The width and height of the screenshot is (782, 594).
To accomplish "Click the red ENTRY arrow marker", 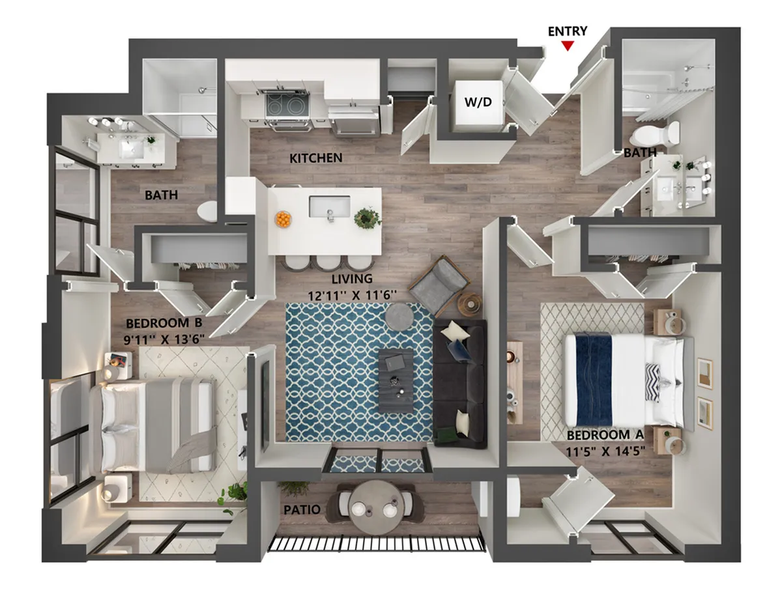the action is [x=567, y=46].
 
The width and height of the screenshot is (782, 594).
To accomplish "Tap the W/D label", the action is [x=478, y=102].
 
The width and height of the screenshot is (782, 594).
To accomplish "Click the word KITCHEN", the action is [x=315, y=158].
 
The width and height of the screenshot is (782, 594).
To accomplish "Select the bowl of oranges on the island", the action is [x=283, y=219].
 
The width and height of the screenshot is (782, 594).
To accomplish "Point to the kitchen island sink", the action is [x=330, y=206].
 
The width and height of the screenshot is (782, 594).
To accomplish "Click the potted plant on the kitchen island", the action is [x=368, y=218].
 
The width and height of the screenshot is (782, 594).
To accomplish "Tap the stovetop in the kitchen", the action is [x=287, y=106].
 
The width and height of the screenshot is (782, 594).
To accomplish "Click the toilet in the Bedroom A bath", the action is [x=655, y=134].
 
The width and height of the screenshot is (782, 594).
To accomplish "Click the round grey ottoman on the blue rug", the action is [x=399, y=317].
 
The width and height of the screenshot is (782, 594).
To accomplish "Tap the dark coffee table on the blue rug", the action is [x=396, y=380].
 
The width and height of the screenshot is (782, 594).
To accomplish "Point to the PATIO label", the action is [x=302, y=509].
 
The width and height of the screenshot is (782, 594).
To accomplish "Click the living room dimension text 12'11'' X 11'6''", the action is [x=352, y=296].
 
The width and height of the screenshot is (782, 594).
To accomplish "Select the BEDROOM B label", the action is [x=164, y=323].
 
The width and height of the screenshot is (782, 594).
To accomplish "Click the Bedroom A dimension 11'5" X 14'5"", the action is [x=605, y=451].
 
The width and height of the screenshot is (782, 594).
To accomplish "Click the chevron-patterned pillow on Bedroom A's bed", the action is [x=654, y=382].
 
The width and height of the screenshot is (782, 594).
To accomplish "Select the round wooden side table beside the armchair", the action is [x=470, y=304].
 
